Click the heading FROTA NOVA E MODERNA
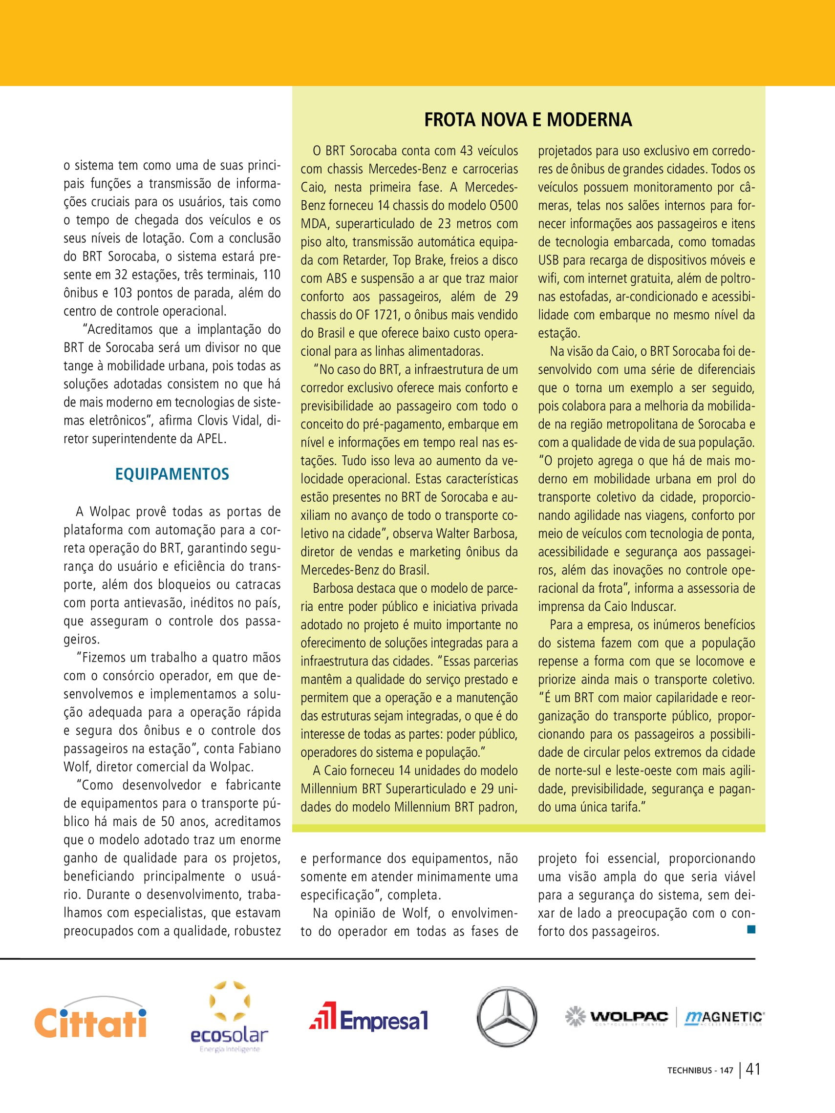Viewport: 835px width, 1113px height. (x=528, y=120)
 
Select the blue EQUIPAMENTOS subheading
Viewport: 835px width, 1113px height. (x=172, y=474)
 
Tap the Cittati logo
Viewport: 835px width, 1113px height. (x=90, y=1022)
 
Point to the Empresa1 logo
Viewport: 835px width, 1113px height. (x=369, y=1019)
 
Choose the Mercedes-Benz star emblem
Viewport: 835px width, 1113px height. (x=506, y=1017)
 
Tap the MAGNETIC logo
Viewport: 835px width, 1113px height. (x=724, y=1017)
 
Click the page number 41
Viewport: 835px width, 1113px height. (x=753, y=1082)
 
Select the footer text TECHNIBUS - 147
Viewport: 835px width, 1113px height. (x=700, y=1084)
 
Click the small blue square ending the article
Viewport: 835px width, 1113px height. (x=751, y=929)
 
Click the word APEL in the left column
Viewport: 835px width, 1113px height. (x=210, y=439)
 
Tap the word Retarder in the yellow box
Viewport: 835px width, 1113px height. (x=364, y=260)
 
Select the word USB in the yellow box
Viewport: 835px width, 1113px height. (x=548, y=260)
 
